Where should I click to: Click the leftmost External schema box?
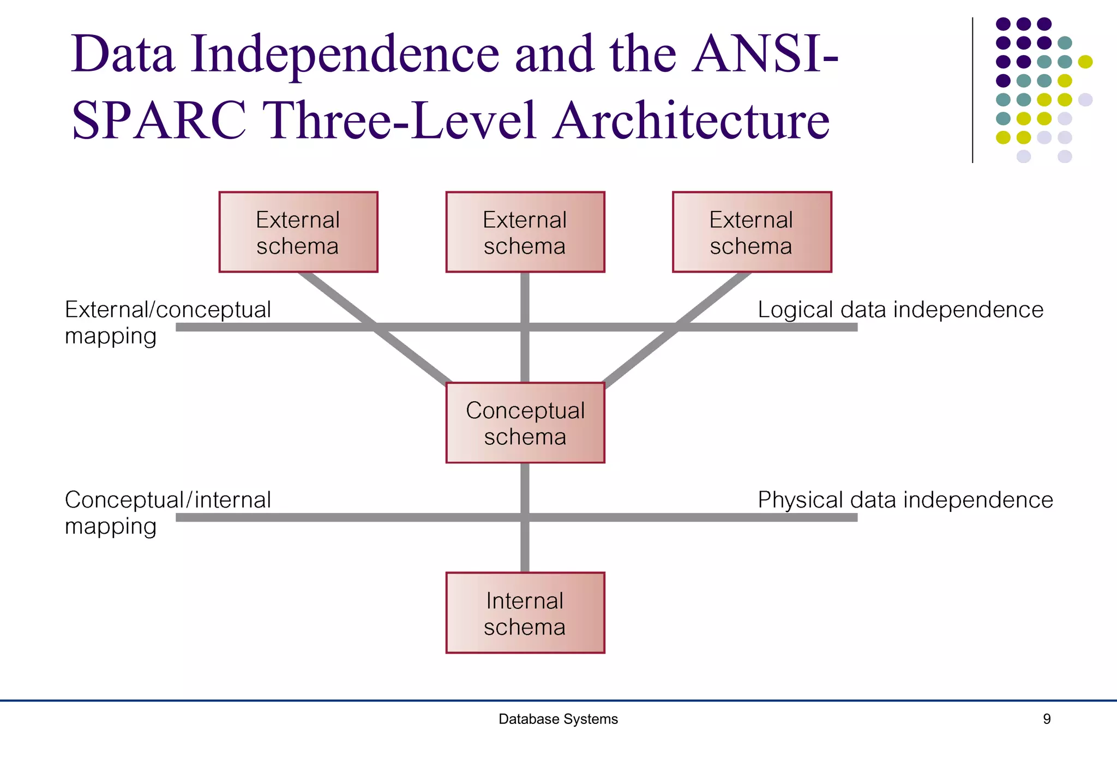pos(298,232)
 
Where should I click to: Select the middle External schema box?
pos(525,232)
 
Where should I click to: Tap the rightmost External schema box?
pos(752,232)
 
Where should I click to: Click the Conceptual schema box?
pos(525,423)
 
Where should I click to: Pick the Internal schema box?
pos(525,613)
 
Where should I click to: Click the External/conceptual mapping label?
pos(167,322)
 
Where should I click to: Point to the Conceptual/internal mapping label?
pos(167,512)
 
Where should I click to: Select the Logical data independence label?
pos(900,310)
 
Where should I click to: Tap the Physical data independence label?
pos(905,500)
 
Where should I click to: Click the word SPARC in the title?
pos(159,120)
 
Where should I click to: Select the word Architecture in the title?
pos(691,120)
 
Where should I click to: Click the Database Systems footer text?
pos(558,719)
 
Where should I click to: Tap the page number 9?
pos(1046,719)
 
